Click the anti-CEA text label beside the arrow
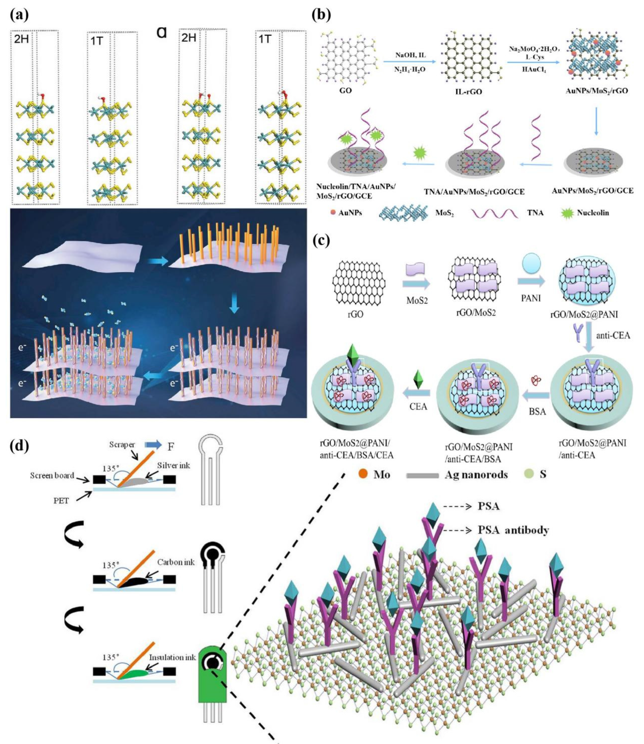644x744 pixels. (613, 336)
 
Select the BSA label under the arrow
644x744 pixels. (537, 411)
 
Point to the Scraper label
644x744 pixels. (122, 445)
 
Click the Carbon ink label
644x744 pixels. (176, 562)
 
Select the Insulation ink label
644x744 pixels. (172, 657)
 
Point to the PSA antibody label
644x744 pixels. (513, 530)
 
